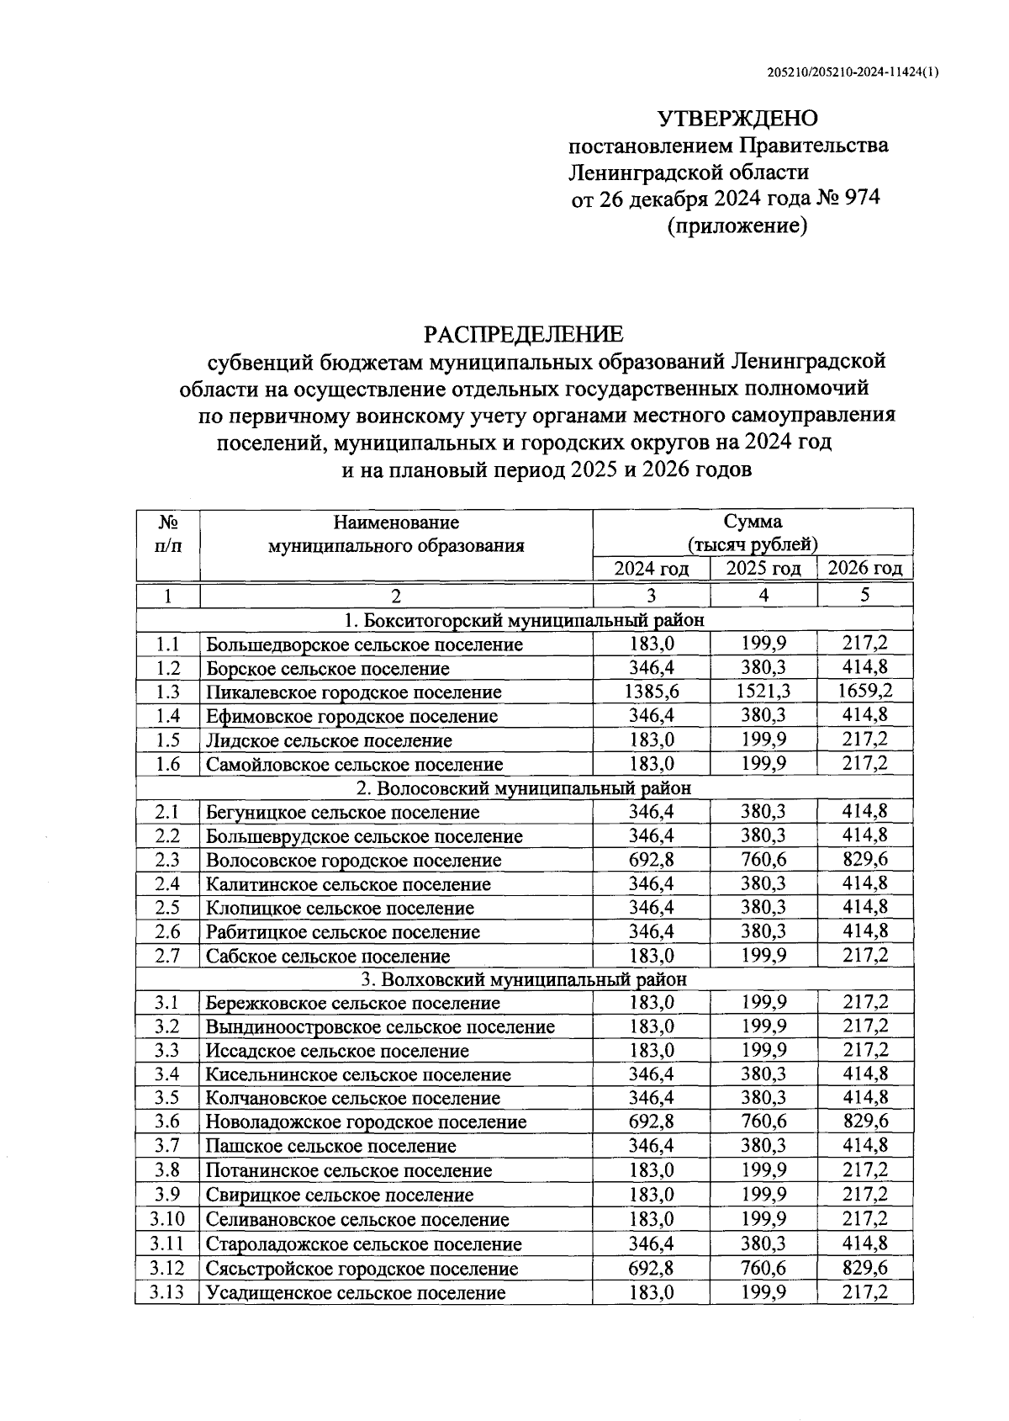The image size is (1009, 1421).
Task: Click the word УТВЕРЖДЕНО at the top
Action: pyautogui.click(x=737, y=118)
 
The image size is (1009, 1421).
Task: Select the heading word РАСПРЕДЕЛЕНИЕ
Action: pyautogui.click(x=524, y=334)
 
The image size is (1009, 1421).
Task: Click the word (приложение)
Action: pyautogui.click(x=737, y=225)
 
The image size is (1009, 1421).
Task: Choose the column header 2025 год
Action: pyautogui.click(x=763, y=569)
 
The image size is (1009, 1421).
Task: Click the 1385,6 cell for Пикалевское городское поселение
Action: pyautogui.click(x=652, y=692)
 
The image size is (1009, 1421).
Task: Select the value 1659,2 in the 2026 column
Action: pyautogui.click(x=865, y=692)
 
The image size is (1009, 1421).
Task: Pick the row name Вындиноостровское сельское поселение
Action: pyautogui.click(x=380, y=1027)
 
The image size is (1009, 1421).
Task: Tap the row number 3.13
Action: pyautogui.click(x=167, y=1292)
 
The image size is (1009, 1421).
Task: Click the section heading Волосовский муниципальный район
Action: pyautogui.click(x=523, y=788)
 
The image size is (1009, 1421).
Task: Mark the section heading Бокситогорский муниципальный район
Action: pyautogui.click(x=523, y=621)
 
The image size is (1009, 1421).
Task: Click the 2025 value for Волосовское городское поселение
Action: pyautogui.click(x=763, y=860)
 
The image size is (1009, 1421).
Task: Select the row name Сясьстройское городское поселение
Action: pyautogui.click(x=362, y=1269)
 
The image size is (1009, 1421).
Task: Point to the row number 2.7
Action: pyautogui.click(x=167, y=956)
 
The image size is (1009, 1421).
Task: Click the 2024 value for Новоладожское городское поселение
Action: pyautogui.click(x=652, y=1121)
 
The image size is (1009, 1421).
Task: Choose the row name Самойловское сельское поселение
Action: pyautogui.click(x=354, y=765)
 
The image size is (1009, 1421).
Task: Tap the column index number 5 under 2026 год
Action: pyautogui.click(x=865, y=595)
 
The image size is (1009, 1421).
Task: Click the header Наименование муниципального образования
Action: pyautogui.click(x=396, y=533)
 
